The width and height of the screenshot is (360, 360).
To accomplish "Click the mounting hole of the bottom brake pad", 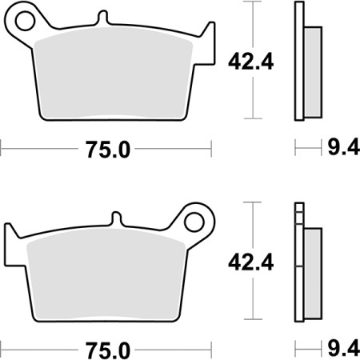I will click(194, 218).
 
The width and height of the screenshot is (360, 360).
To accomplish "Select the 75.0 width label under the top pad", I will click(106, 149).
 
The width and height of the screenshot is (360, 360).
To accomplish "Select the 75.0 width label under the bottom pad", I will click(106, 350).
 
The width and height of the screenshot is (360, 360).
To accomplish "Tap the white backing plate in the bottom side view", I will click(299, 272).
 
